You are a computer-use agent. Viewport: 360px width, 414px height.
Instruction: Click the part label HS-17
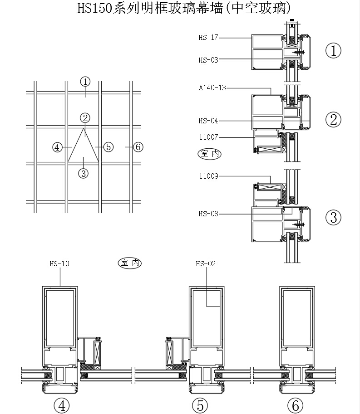pyautogui.click(x=208, y=38)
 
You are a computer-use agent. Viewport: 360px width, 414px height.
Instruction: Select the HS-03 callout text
pyautogui.click(x=208, y=59)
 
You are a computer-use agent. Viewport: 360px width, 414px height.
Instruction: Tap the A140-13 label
pyautogui.click(x=212, y=88)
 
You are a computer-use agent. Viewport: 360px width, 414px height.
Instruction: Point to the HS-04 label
pyautogui.click(x=208, y=121)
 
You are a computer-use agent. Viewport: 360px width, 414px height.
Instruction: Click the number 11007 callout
pyautogui.click(x=208, y=137)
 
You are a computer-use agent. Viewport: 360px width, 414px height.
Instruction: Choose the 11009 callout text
pyautogui.click(x=208, y=176)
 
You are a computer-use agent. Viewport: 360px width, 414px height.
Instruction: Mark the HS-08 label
pyautogui.click(x=208, y=214)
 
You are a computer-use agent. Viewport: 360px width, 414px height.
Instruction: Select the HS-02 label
pyautogui.click(x=206, y=263)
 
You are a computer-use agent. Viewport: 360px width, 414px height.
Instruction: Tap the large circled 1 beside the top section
pyautogui.click(x=334, y=50)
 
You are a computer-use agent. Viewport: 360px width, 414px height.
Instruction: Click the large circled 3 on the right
pyautogui.click(x=334, y=217)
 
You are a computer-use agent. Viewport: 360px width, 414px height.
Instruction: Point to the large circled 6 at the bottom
pyautogui.click(x=295, y=405)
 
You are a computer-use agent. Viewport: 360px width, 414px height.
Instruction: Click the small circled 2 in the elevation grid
pyautogui.click(x=85, y=118)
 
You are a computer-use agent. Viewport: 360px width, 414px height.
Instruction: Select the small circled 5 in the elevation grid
pyautogui.click(x=108, y=147)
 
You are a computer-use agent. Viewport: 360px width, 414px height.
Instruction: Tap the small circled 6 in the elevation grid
pyautogui.click(x=139, y=147)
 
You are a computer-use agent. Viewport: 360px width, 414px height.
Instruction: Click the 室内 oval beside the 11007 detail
pyautogui.click(x=209, y=154)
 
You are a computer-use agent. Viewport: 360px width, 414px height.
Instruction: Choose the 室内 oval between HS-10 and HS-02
pyautogui.click(x=130, y=263)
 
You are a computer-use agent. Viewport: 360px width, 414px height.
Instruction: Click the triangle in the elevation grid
pyautogui.click(x=84, y=147)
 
